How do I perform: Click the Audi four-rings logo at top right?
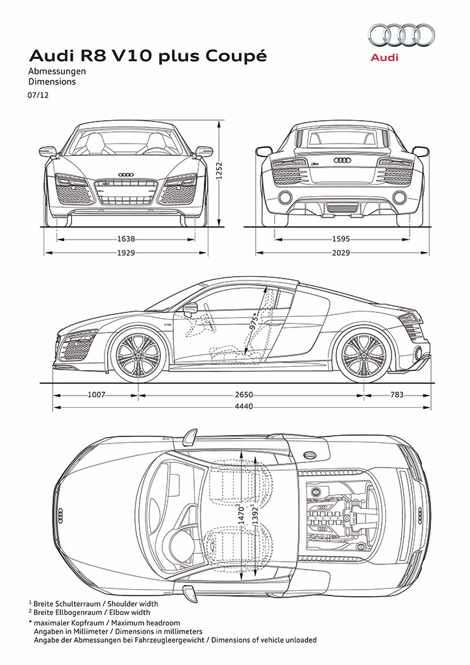pos(401,35)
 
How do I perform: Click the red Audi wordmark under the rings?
pos(384,57)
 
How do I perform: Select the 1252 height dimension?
pos(219,171)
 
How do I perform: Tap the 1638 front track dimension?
pos(126,239)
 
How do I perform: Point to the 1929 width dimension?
pos(126,253)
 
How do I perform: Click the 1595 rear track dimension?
pos(341,239)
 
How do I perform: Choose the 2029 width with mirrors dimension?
pos(341,253)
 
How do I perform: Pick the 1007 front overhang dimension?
pos(96,395)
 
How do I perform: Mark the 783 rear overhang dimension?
pos(397,395)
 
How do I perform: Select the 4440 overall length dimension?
pos(243,407)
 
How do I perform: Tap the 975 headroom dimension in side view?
pos(254,321)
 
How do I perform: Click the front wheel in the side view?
pos(138,355)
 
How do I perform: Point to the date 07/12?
pos(38,95)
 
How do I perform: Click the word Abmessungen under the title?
pos(56,71)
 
